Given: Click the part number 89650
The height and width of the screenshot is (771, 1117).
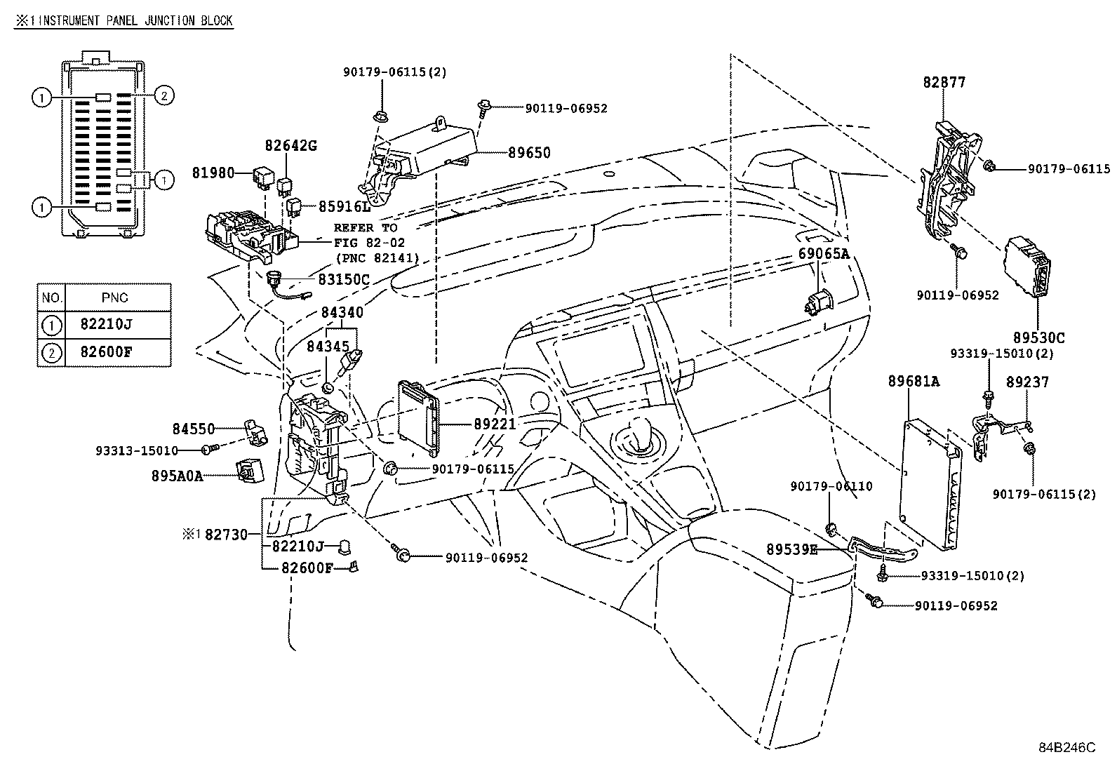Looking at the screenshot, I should (529, 152).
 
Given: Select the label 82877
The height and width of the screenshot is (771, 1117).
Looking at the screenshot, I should (944, 83).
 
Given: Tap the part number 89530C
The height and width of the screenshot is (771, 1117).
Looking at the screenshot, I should (1038, 337).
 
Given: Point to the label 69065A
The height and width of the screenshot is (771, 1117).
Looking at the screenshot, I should (824, 254).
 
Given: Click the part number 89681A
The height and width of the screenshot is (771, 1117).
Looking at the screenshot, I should (914, 382).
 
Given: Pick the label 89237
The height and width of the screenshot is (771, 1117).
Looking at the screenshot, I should (1027, 382).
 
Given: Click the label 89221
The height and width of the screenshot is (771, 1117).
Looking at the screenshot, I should (494, 424).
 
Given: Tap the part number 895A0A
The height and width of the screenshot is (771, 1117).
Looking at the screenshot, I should (177, 476).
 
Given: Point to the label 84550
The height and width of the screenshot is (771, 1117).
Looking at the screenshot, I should (193, 428).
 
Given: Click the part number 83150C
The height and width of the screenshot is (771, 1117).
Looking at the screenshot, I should (343, 279).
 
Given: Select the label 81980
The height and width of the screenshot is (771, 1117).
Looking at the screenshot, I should (213, 172).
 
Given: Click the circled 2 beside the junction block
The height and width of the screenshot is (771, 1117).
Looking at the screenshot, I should (163, 95).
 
